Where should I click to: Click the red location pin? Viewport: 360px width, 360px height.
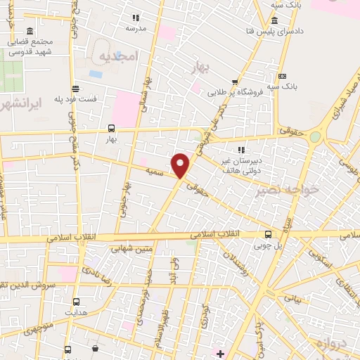tap(181, 165)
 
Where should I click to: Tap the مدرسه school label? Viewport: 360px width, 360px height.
tap(136, 28)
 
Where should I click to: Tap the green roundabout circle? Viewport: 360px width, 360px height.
tap(316, 137)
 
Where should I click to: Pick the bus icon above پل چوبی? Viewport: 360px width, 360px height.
tap(268, 235)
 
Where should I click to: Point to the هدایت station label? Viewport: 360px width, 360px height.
tap(75, 311)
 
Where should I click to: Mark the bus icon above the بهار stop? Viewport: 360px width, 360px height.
tap(110, 128)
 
